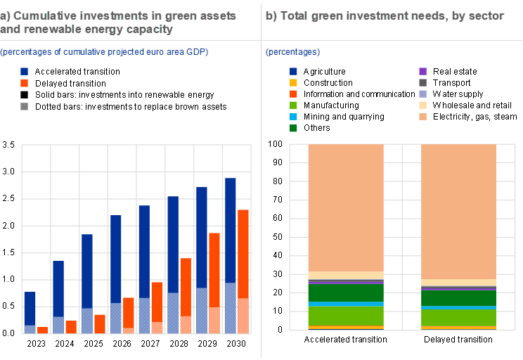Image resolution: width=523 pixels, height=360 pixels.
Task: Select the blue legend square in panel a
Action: click(x=25, y=71)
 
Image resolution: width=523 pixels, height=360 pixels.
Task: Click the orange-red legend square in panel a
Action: click(x=25, y=83)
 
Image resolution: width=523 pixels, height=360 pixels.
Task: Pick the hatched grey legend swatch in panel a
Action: click(x=25, y=106)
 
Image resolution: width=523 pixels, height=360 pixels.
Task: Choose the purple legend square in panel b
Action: click(x=423, y=71)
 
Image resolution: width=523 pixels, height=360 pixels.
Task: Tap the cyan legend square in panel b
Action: click(x=293, y=117)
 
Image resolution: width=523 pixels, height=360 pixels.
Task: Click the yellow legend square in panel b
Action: click(x=293, y=82)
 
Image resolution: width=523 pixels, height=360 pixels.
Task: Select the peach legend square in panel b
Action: click(x=423, y=117)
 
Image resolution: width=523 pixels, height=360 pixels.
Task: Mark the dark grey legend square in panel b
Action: click(x=423, y=82)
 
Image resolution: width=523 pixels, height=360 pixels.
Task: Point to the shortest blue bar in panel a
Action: click(x=30, y=308)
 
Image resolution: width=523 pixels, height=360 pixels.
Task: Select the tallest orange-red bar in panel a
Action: click(x=243, y=253)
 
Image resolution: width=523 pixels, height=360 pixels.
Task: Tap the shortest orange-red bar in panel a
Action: click(x=42, y=330)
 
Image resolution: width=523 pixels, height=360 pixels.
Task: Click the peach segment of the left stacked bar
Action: click(x=346, y=207)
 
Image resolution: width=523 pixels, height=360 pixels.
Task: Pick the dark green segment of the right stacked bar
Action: click(x=459, y=298)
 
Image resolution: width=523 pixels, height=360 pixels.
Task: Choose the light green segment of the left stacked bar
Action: click(x=346, y=316)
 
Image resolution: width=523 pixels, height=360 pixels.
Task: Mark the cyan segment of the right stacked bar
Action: click(x=459, y=307)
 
